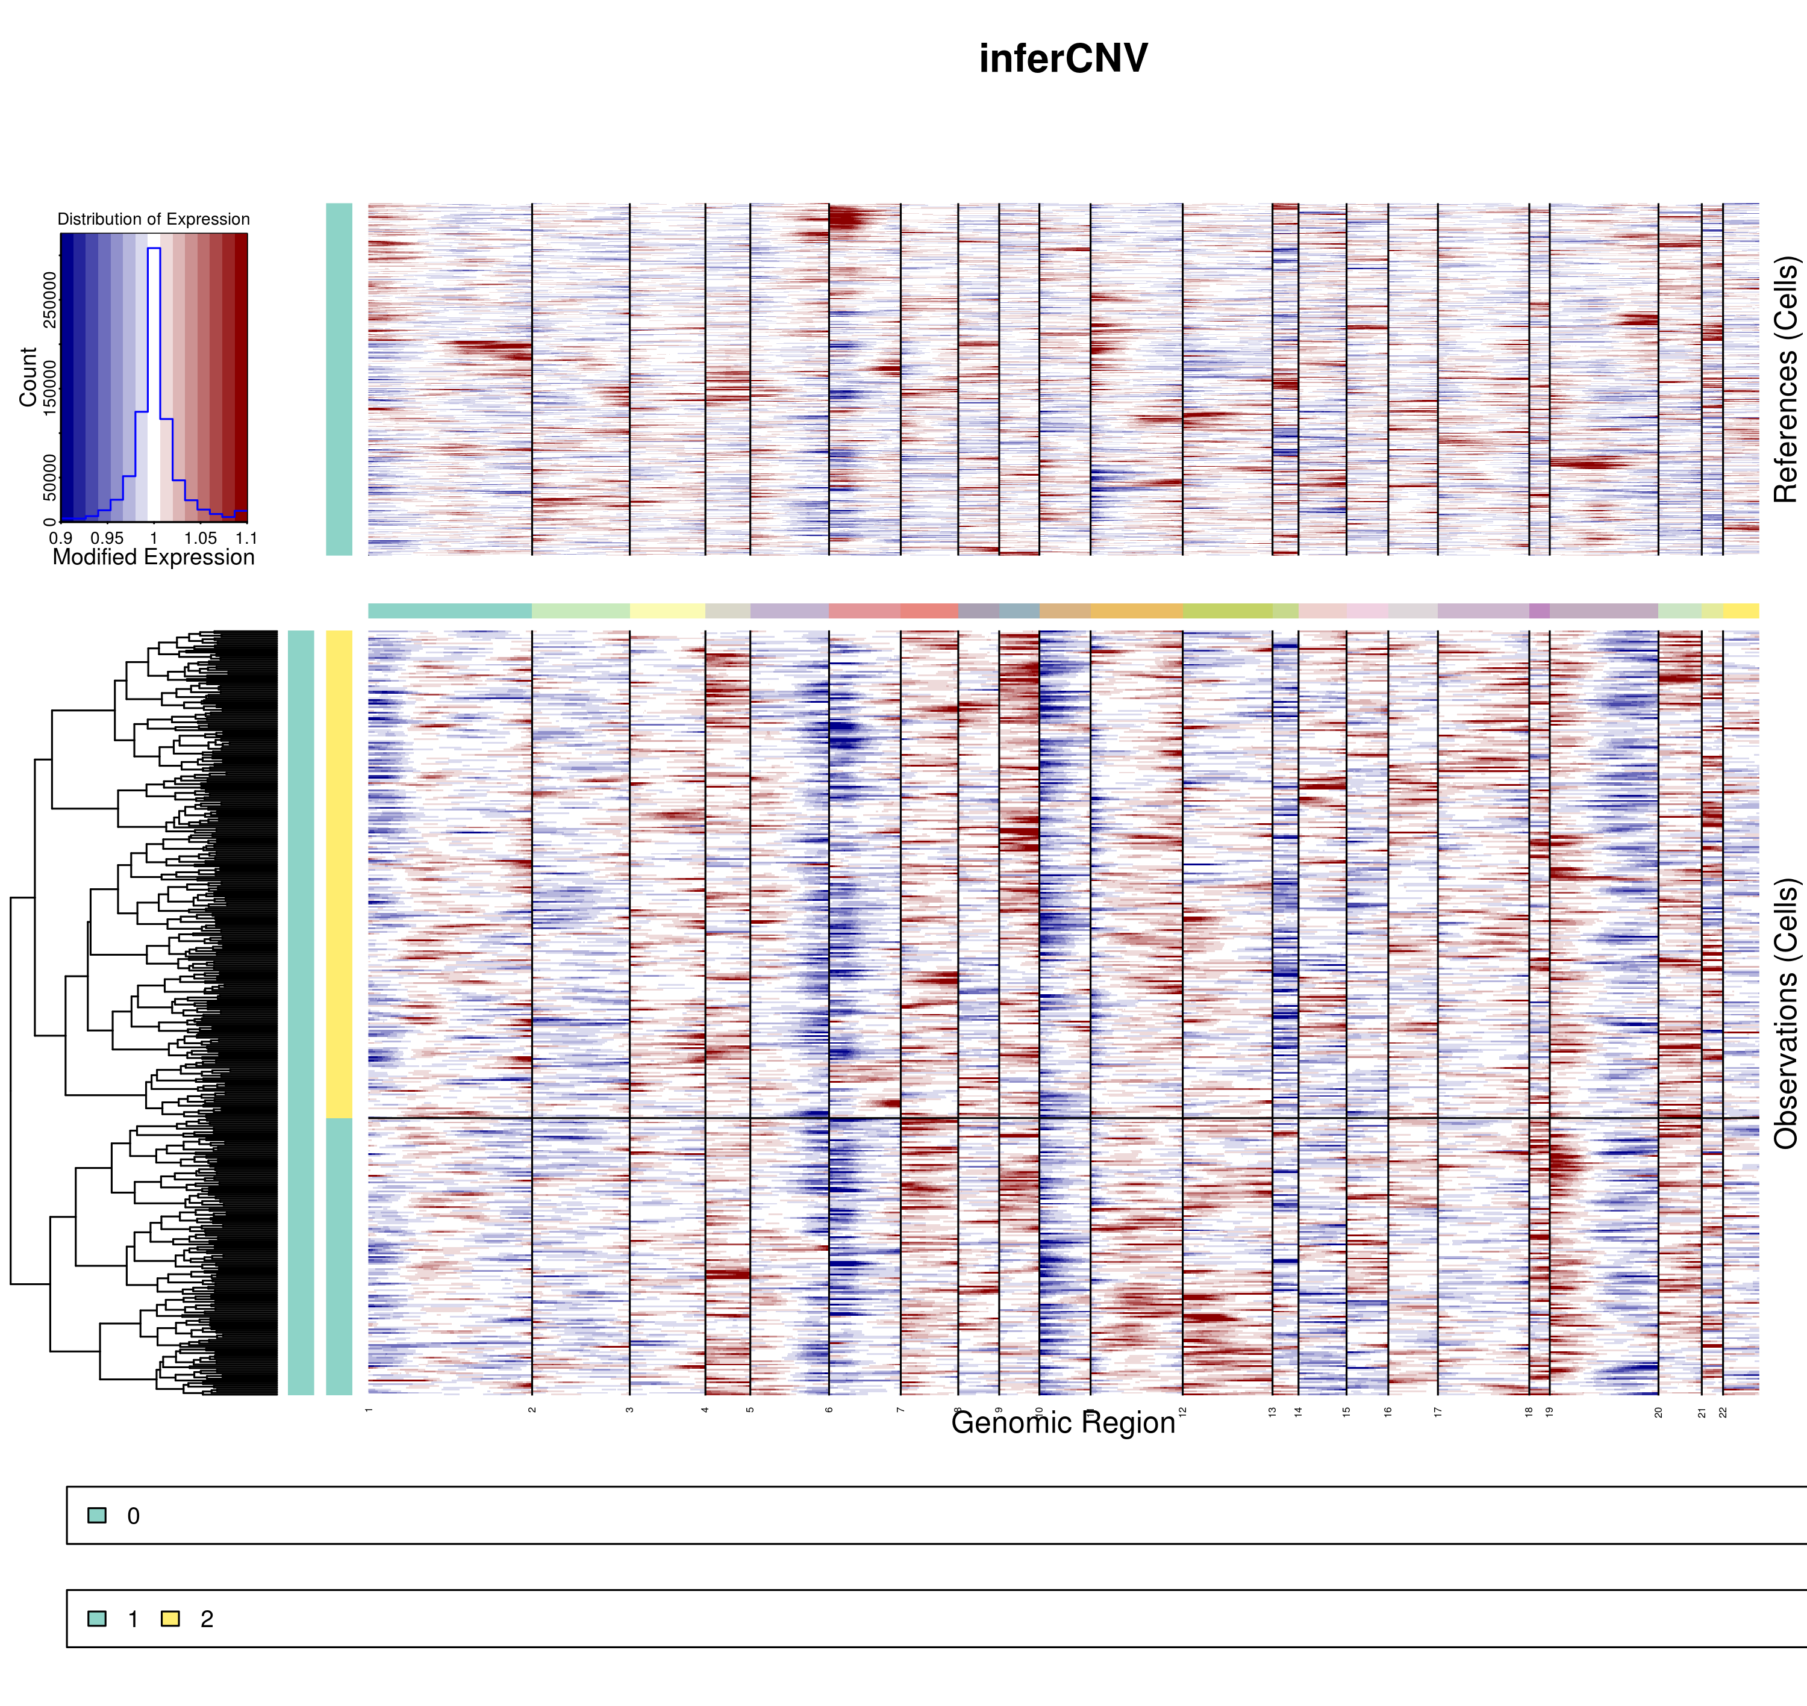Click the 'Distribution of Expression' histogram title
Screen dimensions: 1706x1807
point(154,219)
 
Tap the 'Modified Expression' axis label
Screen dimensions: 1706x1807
point(154,558)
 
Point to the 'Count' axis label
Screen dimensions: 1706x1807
point(28,376)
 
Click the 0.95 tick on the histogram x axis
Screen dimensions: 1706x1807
point(107,538)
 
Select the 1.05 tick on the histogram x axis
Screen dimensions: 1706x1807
point(200,538)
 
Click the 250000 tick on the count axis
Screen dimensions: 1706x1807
point(49,300)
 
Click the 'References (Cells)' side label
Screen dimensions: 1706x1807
point(1785,379)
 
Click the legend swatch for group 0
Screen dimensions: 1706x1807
point(96,1516)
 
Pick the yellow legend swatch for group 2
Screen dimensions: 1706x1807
point(170,1619)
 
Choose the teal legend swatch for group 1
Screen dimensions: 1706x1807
point(96,1619)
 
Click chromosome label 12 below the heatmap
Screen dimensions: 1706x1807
point(1183,1412)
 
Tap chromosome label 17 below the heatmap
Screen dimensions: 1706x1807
point(1438,1412)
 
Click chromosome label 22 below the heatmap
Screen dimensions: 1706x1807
point(1723,1412)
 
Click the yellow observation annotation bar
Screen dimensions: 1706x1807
point(339,873)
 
